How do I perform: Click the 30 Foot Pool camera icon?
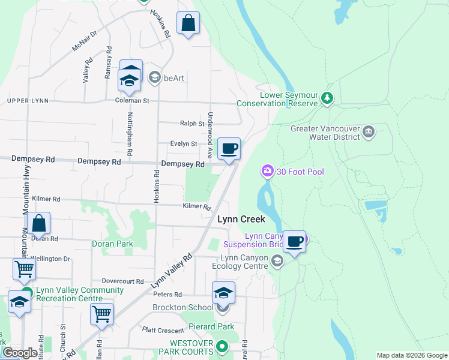267,172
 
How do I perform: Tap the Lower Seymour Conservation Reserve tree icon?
327,97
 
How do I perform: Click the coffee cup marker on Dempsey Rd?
228,149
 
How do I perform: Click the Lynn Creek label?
241,220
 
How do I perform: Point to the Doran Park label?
112,244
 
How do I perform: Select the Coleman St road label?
132,101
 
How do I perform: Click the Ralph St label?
192,124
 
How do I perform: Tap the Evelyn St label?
184,144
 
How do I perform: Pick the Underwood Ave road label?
210,128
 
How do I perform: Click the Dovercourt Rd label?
123,281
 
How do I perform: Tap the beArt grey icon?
154,77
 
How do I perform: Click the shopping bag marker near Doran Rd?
38,224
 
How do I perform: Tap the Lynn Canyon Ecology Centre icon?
277,260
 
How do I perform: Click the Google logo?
19,353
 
